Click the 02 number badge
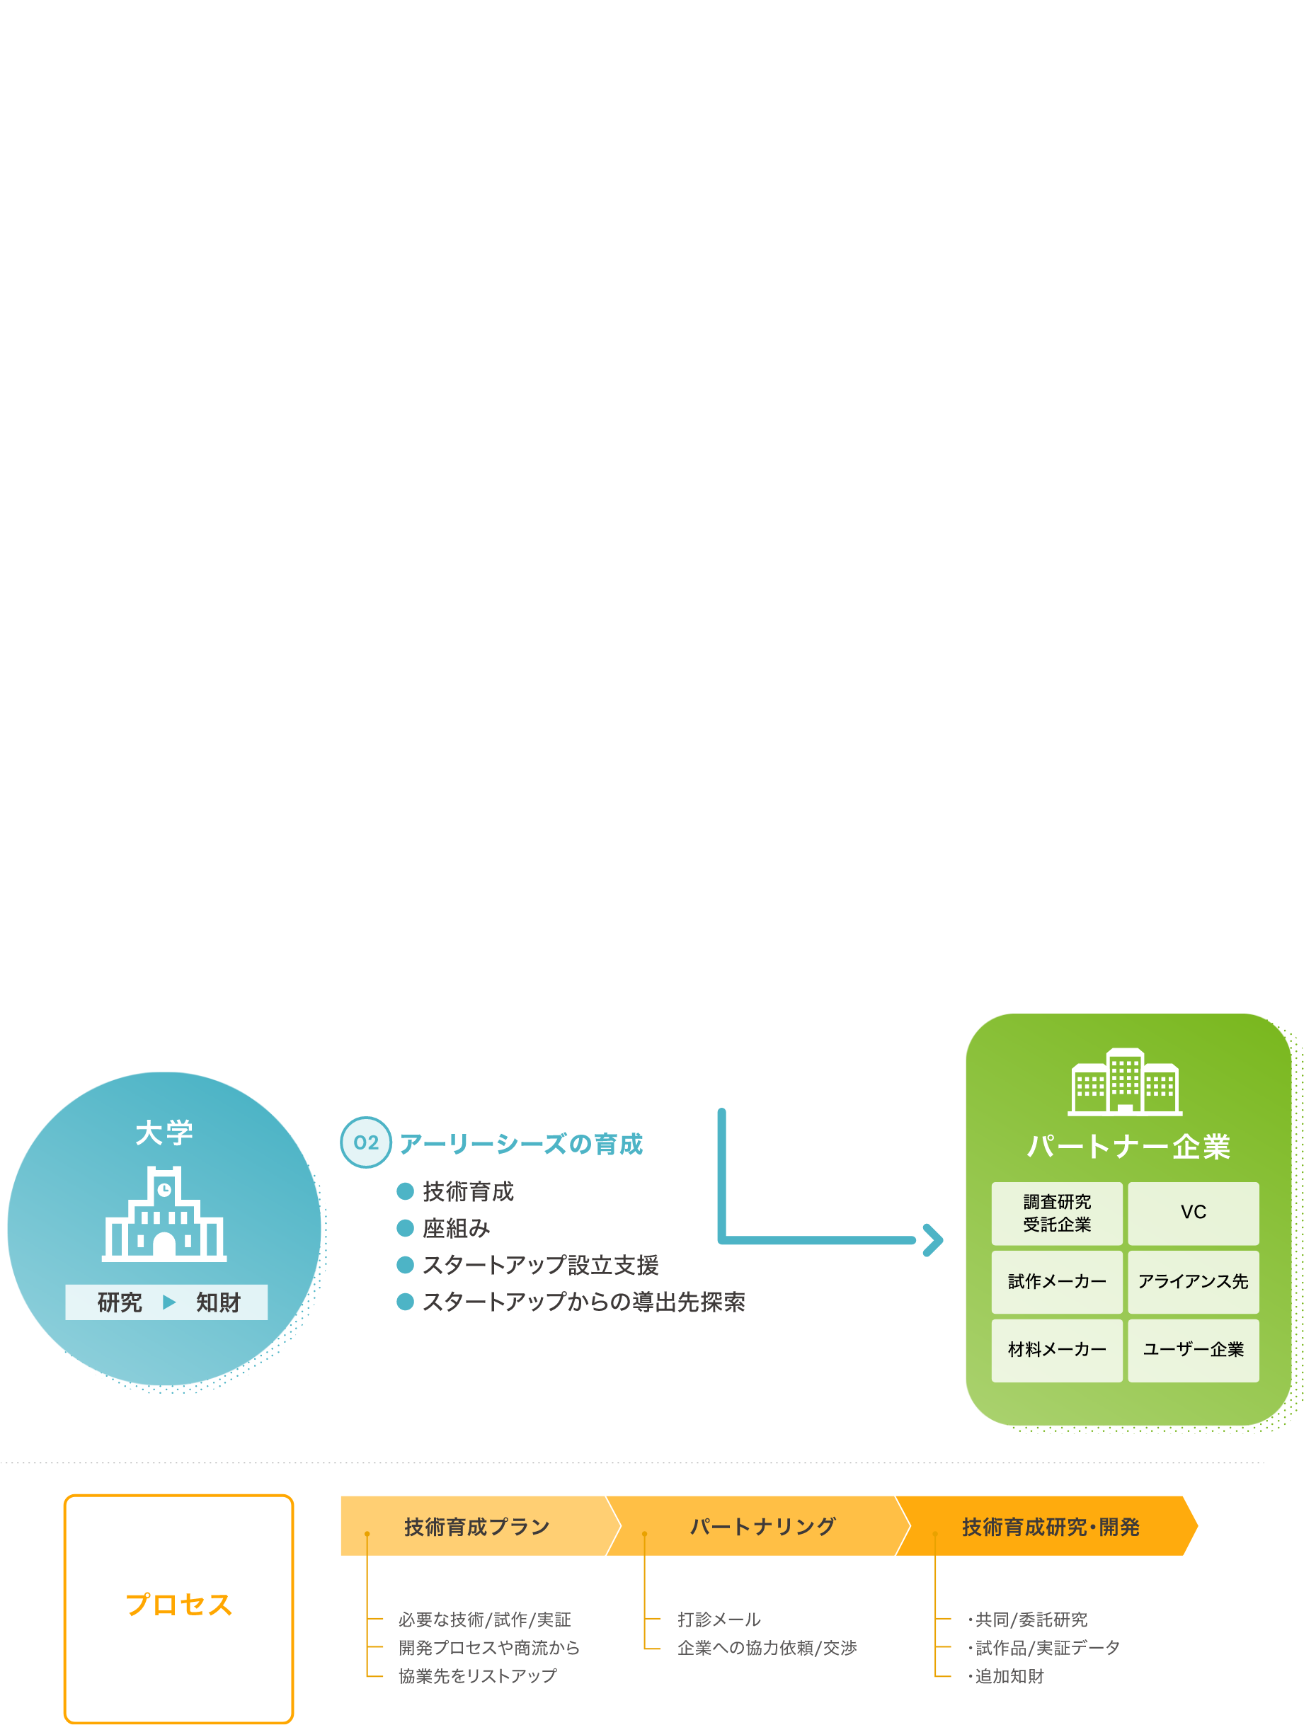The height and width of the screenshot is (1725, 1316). (x=366, y=1142)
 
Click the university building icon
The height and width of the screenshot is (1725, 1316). (x=164, y=1214)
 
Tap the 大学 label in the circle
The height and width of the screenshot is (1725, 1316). (x=164, y=1133)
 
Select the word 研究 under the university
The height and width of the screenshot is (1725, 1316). (x=120, y=1302)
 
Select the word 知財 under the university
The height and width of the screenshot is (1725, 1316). (x=218, y=1302)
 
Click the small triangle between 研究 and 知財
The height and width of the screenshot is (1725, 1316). (x=168, y=1302)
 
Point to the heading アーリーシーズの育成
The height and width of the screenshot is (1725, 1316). (x=521, y=1144)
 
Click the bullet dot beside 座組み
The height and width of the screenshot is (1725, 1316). (x=405, y=1228)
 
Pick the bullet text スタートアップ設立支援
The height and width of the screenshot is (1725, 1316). (x=541, y=1265)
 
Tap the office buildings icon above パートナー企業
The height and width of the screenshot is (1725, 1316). (x=1125, y=1082)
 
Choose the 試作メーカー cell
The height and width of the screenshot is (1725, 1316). (x=1057, y=1282)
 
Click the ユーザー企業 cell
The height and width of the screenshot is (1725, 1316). (x=1193, y=1350)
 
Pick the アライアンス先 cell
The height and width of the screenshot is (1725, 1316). (x=1193, y=1282)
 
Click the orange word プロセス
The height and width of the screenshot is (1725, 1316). (x=178, y=1605)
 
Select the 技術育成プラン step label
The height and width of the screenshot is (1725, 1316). (x=477, y=1526)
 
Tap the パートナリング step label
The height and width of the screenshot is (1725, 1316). (x=762, y=1526)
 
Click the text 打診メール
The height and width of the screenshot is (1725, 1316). (x=719, y=1620)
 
